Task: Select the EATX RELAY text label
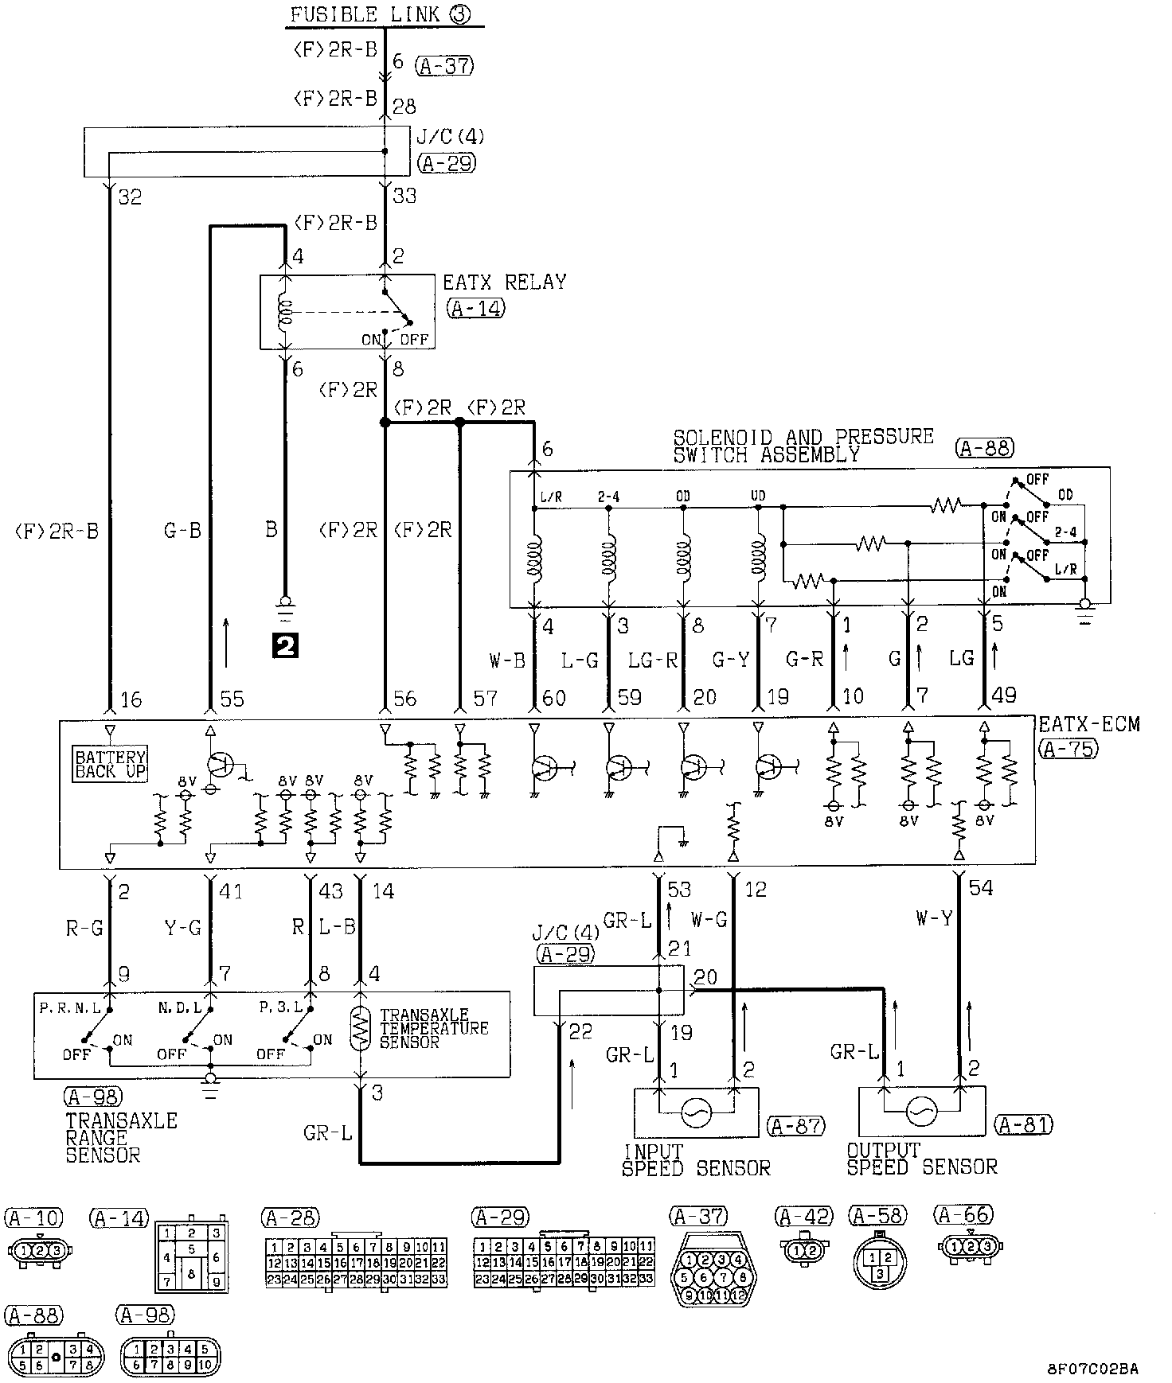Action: coord(504,282)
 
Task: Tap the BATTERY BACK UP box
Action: coord(111,764)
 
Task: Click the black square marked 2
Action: coord(284,645)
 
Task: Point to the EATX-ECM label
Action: coord(1088,725)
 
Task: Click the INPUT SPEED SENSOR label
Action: coord(695,1160)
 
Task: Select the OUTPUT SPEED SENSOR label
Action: coord(920,1159)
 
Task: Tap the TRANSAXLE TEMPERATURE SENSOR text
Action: coord(433,1028)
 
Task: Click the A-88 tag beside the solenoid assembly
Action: coord(984,448)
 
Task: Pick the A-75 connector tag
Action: coord(1068,748)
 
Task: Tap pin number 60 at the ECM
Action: coord(553,698)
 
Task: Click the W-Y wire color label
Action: coord(933,918)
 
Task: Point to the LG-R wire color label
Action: coord(652,659)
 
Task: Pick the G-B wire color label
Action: coord(182,530)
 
